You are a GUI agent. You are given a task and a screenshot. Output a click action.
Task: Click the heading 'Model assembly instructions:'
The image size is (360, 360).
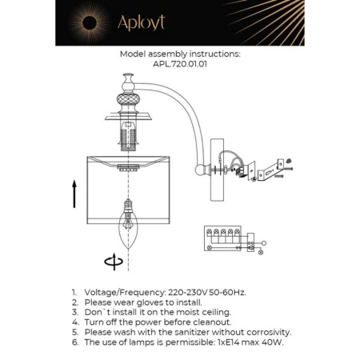coord(179,55)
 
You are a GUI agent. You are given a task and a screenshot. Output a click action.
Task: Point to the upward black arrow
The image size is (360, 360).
coord(74,194)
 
